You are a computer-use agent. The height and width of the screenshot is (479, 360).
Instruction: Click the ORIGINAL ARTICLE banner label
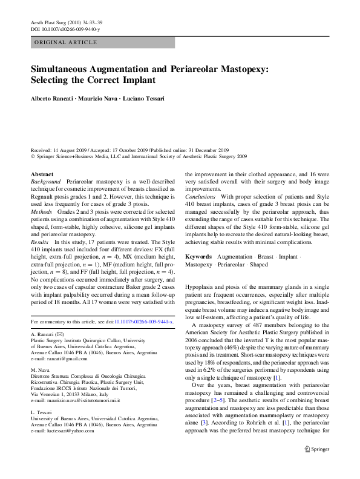click(66, 42)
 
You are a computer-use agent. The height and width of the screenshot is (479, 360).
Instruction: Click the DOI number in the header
click(66, 29)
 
